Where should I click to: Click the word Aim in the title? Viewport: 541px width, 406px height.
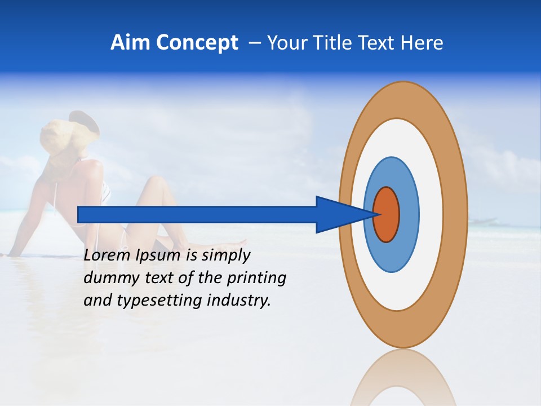click(131, 43)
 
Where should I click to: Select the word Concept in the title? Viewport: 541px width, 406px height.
click(197, 43)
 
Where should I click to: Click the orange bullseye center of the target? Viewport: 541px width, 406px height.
click(386, 214)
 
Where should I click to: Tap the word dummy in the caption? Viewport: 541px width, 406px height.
click(108, 278)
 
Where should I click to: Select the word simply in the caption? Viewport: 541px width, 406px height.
click(225, 255)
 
